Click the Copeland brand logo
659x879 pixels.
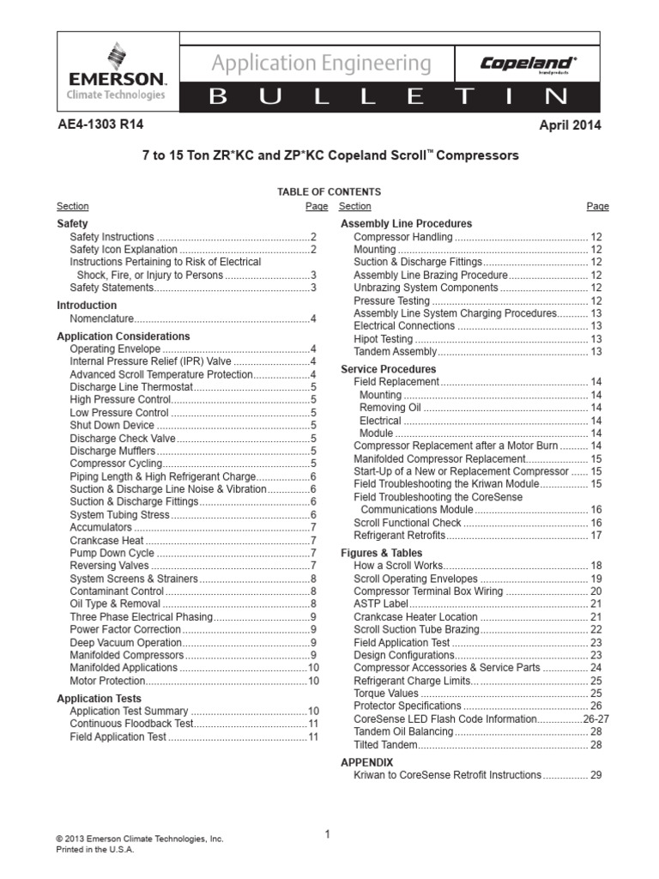[528, 64]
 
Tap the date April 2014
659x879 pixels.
[570, 125]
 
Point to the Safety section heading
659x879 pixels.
[72, 223]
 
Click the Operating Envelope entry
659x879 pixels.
[114, 349]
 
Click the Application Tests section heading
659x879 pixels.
[99, 699]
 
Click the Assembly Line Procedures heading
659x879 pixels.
[407, 223]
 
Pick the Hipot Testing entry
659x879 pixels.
[383, 339]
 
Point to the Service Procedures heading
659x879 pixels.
[388, 369]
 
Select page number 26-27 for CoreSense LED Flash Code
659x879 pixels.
[587, 718]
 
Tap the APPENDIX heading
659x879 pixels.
[366, 762]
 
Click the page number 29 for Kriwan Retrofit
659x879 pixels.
[596, 775]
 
